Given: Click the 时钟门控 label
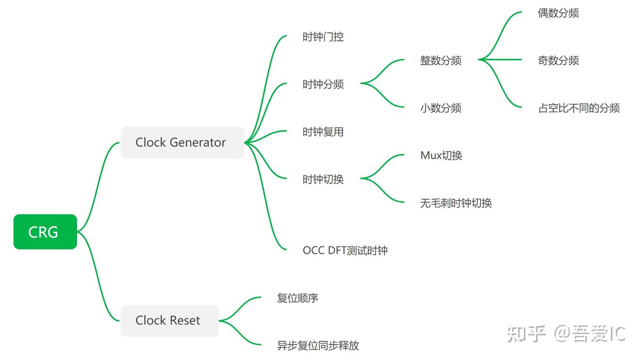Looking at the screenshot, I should click(x=323, y=37).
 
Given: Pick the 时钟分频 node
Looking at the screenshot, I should click(x=323, y=84).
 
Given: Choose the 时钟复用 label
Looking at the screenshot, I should click(x=323, y=132).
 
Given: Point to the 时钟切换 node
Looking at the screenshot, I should click(x=323, y=179).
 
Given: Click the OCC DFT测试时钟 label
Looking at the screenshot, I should click(x=345, y=250).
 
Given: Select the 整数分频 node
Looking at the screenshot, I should click(x=440, y=61).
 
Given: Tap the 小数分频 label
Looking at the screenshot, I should click(x=440, y=108).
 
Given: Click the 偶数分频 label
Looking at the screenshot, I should click(x=558, y=13).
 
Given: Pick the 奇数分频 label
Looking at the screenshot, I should click(x=558, y=61).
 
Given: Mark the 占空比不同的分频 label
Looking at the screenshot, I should click(x=579, y=108).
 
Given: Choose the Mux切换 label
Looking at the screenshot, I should click(x=441, y=156).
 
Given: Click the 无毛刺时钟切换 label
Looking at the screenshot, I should click(x=456, y=203).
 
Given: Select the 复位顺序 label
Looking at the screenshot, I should click(x=297, y=298).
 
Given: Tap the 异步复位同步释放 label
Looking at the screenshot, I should click(x=318, y=345).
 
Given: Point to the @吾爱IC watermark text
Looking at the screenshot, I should click(x=590, y=334).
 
